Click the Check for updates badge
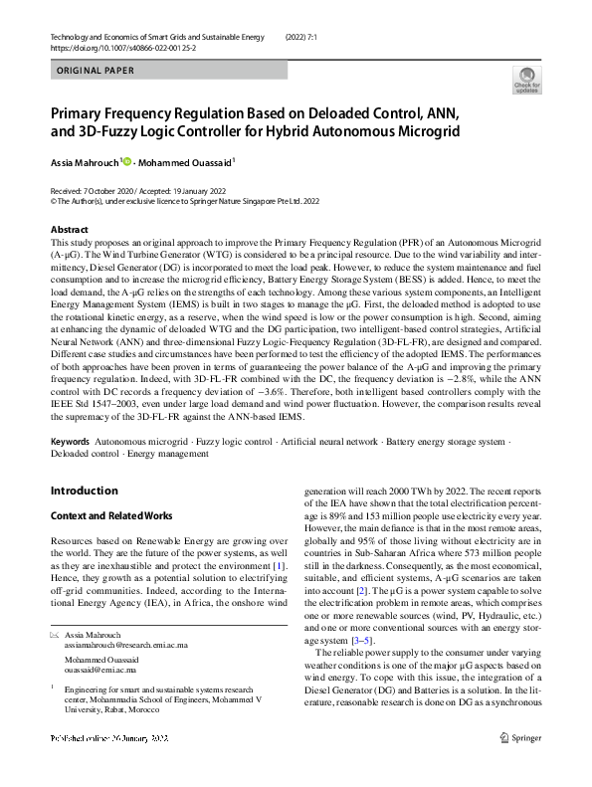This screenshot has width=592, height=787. [525, 80]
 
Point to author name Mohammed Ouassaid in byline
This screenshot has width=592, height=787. [186, 160]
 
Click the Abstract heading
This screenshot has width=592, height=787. [69, 229]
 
